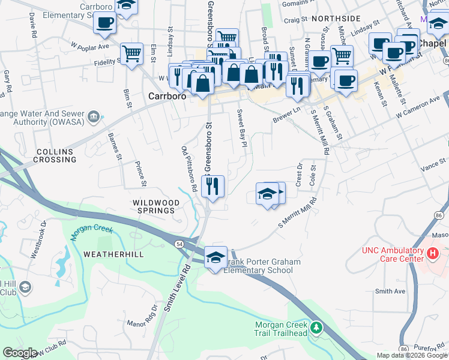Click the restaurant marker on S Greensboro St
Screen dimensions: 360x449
coord(212,187)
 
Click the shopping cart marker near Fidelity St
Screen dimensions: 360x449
coord(131,53)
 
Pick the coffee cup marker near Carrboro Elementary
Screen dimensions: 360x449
coord(104,23)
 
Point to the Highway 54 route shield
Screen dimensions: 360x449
coord(179,244)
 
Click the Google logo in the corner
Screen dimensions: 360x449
coord(20,353)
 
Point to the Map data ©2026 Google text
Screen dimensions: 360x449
coord(411,355)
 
